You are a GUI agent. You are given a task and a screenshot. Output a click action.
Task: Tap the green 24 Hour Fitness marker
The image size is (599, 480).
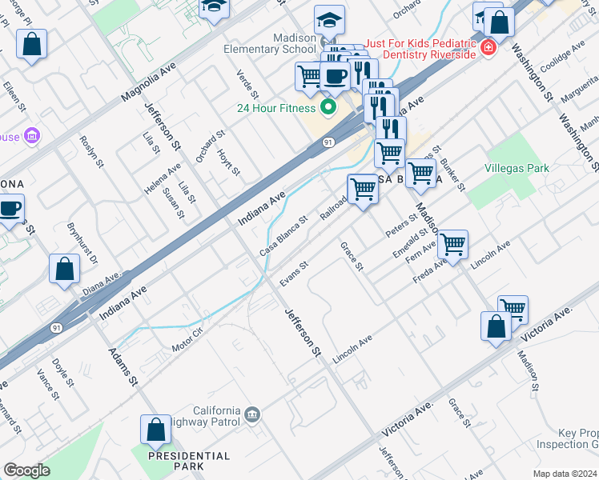pos(328,106)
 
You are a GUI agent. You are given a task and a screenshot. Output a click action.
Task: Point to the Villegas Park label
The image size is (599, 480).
pos(517,169)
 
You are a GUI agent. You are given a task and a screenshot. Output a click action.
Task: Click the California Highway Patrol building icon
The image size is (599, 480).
pos(251,414)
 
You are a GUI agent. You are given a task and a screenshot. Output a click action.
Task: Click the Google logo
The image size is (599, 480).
pos(26,470)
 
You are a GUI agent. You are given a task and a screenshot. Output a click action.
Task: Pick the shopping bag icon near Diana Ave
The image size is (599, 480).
pos(64,269)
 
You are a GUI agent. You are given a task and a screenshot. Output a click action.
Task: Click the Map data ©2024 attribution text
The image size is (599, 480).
pos(565,473)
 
